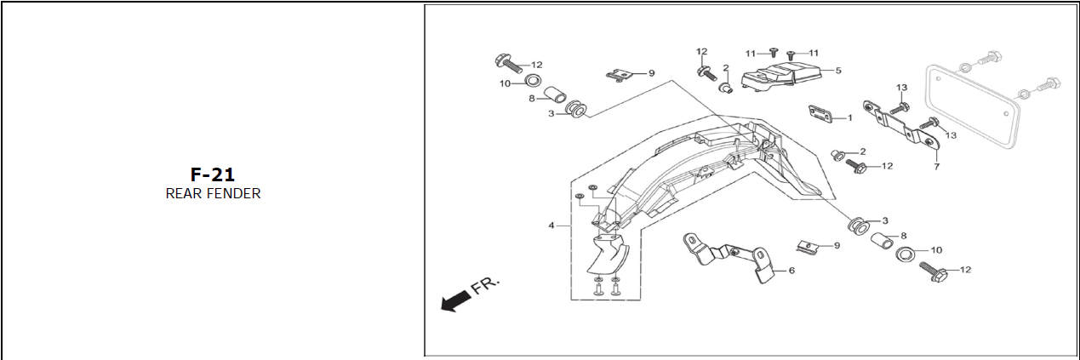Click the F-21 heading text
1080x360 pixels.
tap(212, 175)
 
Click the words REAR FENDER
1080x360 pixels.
tap(213, 194)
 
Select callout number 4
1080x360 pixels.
tap(551, 226)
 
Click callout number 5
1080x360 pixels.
tap(837, 71)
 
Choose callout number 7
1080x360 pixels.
tap(936, 167)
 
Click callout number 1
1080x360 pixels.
tap(849, 117)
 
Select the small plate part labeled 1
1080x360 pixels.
tap(820, 115)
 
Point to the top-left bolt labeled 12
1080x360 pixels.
tap(506, 62)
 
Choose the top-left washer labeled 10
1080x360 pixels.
tap(532, 83)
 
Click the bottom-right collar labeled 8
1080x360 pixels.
tap(884, 243)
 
